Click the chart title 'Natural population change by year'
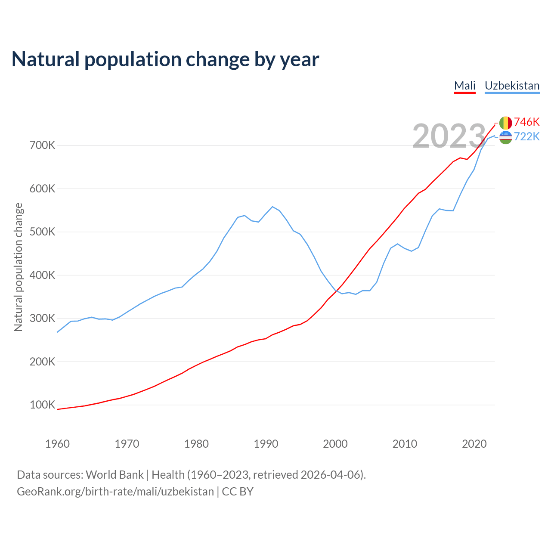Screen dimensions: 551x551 coord(165,59)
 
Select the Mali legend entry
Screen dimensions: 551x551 coord(465,86)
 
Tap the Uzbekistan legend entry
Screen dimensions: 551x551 coord(512,86)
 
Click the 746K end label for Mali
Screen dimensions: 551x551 coord(526,122)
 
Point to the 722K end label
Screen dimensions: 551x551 coord(526,136)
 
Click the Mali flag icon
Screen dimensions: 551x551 coord(505,123)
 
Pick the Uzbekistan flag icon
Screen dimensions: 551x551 coord(505,137)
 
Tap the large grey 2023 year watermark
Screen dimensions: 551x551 coord(449,136)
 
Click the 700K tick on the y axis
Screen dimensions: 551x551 coord(43,145)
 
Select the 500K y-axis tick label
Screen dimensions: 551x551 coord(43,232)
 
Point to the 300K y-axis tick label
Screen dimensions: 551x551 coord(43,319)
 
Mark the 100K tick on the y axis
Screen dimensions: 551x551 coord(43,405)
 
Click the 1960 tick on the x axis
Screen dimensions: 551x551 coord(57,444)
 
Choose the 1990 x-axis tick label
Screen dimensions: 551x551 coord(266,444)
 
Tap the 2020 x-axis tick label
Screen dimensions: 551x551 coord(474,444)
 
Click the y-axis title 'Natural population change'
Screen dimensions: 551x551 coord(19,267)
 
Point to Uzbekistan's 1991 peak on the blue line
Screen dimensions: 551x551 coord(272,207)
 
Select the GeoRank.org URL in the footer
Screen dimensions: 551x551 coord(115,492)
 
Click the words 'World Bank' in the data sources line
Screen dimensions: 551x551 coord(115,475)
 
